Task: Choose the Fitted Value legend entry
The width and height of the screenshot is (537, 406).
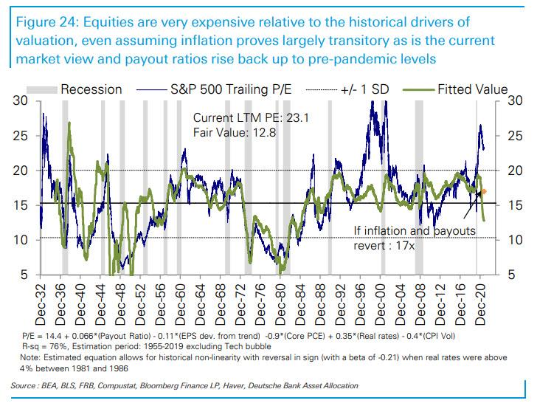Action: point(472,89)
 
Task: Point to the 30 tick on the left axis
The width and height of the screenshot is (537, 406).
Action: point(20,101)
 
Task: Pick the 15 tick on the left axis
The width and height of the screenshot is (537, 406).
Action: point(20,205)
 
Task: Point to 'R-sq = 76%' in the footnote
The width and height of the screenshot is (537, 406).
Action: point(41,346)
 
